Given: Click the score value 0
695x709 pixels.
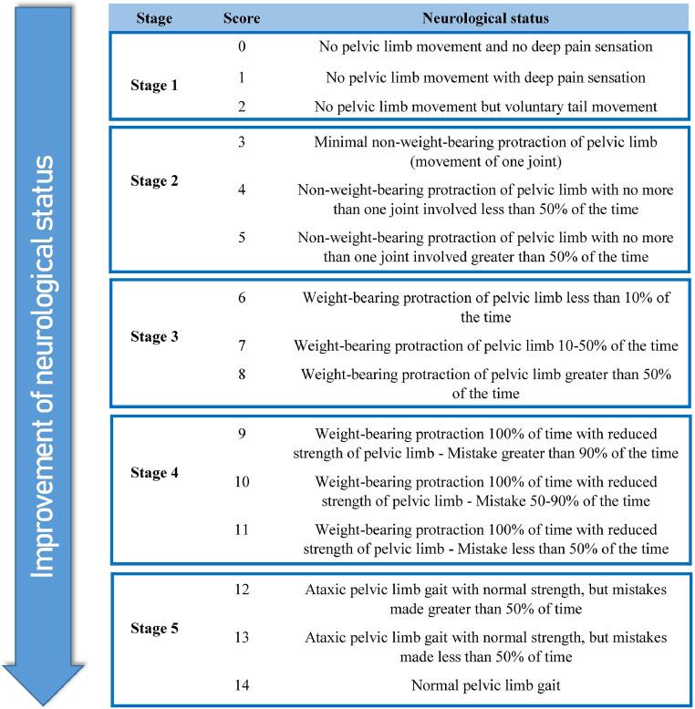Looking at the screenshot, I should [x=242, y=44].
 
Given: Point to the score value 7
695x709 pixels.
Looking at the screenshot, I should [x=242, y=347].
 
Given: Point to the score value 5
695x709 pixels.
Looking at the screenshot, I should [x=242, y=236].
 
